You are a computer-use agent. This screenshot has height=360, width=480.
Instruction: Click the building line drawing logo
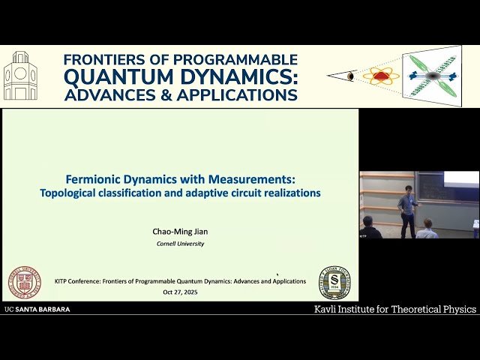[20, 76]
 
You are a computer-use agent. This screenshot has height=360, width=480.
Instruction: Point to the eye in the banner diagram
[351, 76]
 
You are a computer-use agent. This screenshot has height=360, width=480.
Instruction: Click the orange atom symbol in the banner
[380, 76]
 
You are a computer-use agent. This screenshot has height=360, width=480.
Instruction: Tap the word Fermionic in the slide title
[93, 179]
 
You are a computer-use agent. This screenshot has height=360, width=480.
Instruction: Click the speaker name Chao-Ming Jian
[180, 232]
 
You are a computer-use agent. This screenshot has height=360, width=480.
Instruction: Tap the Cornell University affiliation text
[180, 244]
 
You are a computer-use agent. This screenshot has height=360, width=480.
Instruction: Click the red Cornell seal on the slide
[25, 281]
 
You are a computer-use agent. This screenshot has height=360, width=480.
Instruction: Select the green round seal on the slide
[333, 281]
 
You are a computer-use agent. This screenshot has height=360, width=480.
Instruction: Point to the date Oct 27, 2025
[180, 292]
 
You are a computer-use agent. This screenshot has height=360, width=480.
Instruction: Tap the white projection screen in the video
[461, 178]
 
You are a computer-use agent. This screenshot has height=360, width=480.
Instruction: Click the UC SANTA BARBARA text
[37, 309]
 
